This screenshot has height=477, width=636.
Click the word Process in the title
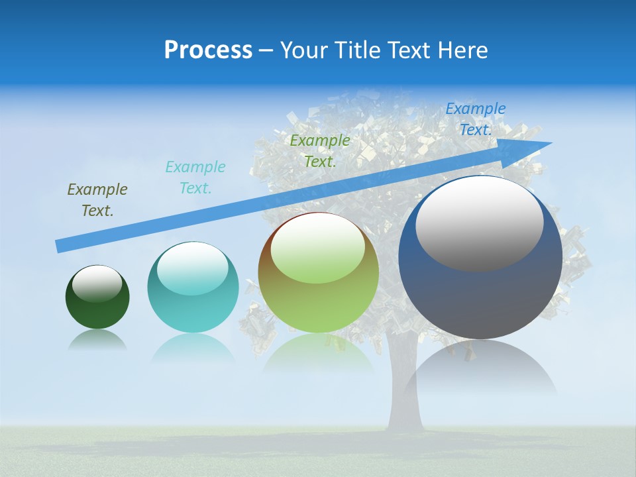click(208, 50)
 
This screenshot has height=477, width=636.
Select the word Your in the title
click(303, 50)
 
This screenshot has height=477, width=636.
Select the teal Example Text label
click(195, 178)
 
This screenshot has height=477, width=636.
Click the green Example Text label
click(320, 150)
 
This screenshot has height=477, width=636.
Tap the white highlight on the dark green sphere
click(97, 283)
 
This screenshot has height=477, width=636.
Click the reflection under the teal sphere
click(193, 348)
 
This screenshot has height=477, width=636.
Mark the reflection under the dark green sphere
click(97, 341)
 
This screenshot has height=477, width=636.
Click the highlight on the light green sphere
click(318, 248)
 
